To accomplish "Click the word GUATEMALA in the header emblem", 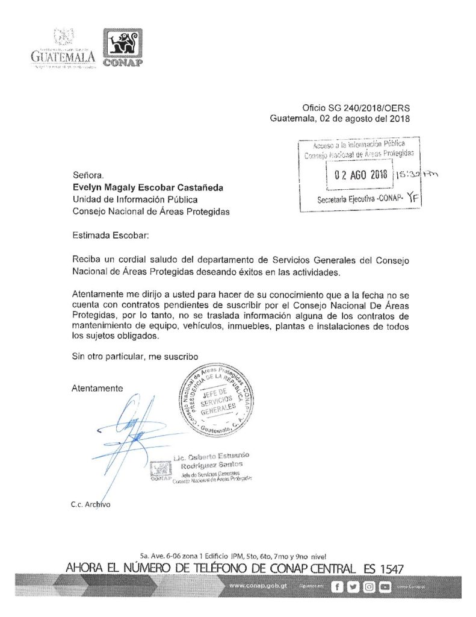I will click(x=63, y=57).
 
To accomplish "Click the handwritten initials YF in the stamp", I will click(x=412, y=196).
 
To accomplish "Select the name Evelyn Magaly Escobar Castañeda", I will click(x=147, y=187).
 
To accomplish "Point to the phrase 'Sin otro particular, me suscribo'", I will click(x=135, y=357).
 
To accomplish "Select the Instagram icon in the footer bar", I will click(x=369, y=586).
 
